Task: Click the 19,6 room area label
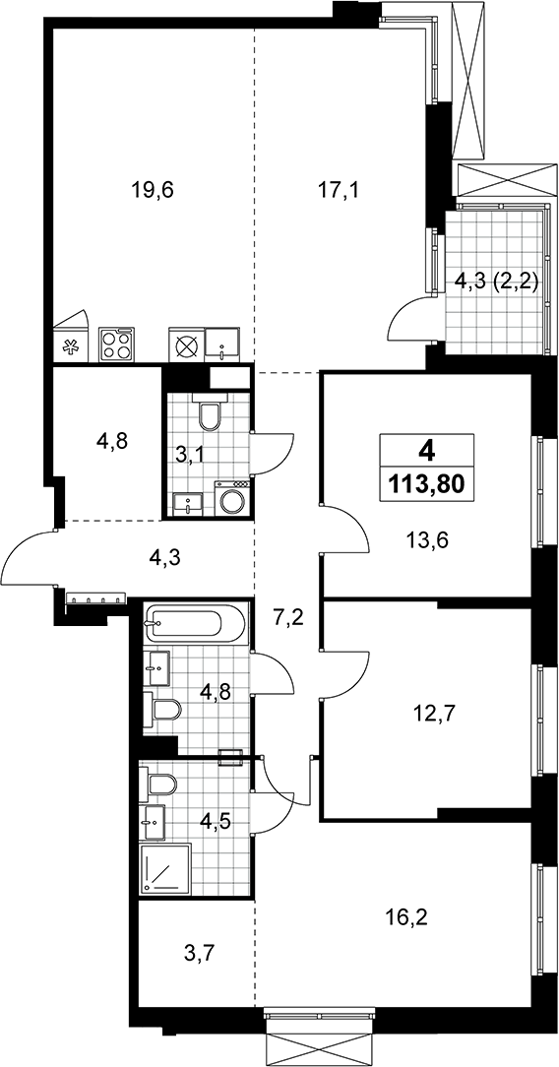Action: (153, 190)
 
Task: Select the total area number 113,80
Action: (426, 484)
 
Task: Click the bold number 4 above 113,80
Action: (426, 450)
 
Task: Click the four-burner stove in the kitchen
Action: (117, 344)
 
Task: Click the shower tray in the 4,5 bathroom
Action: (165, 869)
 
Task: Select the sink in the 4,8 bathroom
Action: (156, 668)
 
